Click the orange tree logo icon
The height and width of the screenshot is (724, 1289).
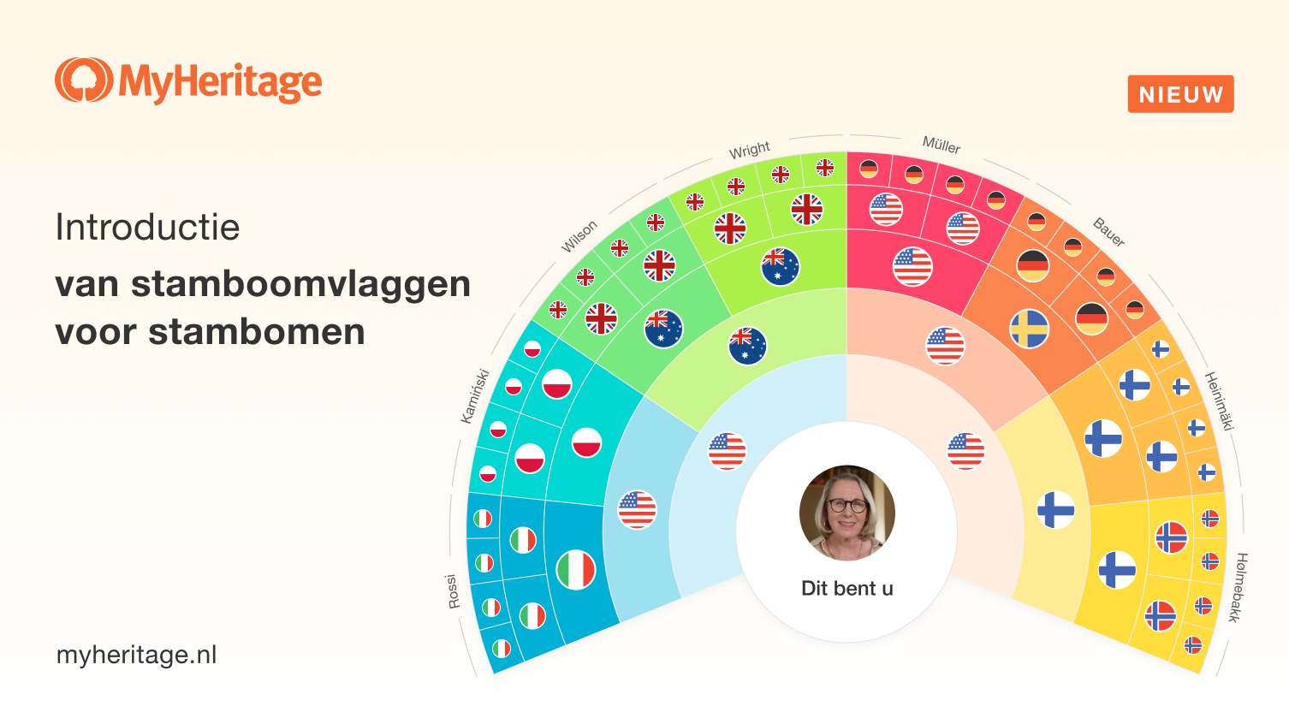83,80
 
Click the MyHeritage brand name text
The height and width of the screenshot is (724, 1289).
220,82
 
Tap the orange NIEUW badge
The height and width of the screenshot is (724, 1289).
1180,94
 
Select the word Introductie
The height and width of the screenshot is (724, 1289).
147,228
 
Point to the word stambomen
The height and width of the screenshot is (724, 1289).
256,332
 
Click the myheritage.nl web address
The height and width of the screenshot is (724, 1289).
136,656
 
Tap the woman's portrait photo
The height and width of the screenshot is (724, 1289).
846,513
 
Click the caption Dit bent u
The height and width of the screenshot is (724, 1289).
846,589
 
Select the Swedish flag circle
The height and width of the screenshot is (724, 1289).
1029,329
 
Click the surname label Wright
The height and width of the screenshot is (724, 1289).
750,151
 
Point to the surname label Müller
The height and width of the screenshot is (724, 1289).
942,145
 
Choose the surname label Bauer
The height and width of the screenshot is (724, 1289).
1108,232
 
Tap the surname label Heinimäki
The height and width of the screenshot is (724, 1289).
1219,401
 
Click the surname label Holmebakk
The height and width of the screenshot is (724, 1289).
1238,587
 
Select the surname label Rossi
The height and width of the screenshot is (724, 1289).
453,591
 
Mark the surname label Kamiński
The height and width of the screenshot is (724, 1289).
474,396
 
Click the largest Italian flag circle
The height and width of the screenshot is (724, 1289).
576,570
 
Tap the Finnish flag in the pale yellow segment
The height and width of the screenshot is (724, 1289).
1055,510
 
